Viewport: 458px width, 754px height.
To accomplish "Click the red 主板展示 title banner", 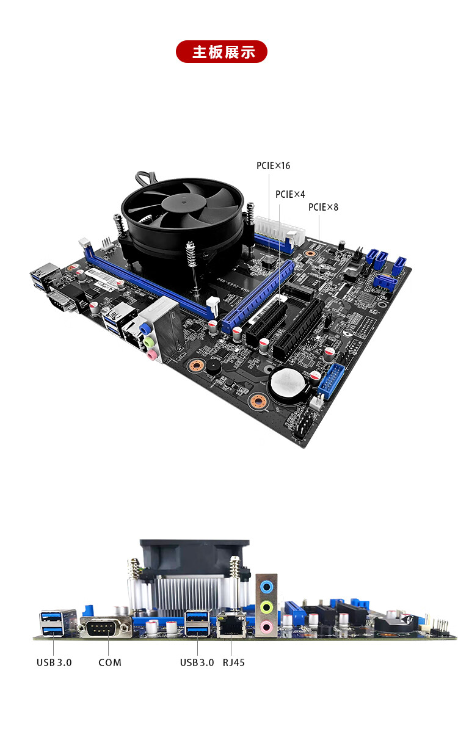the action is (x=221, y=51).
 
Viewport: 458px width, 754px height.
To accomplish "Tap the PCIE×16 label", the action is (x=273, y=165).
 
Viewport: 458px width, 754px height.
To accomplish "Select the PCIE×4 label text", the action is (x=290, y=194).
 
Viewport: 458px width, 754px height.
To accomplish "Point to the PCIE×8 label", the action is (x=323, y=207).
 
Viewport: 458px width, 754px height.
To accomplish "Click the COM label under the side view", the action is (x=110, y=662).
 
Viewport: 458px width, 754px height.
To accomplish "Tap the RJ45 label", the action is (x=234, y=662).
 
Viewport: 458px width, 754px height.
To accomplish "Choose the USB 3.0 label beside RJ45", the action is (x=197, y=662).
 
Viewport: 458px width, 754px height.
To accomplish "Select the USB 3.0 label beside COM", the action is (x=54, y=662).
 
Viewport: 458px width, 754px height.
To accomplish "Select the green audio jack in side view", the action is (x=266, y=607).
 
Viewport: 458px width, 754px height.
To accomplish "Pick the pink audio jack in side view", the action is (x=266, y=627).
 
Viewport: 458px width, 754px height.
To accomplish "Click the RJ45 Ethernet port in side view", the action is (x=231, y=625).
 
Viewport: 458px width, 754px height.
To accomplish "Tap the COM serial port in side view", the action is (x=105, y=627).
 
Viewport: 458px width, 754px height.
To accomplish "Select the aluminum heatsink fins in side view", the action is (x=189, y=595).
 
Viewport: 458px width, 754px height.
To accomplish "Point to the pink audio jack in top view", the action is (x=152, y=355).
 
